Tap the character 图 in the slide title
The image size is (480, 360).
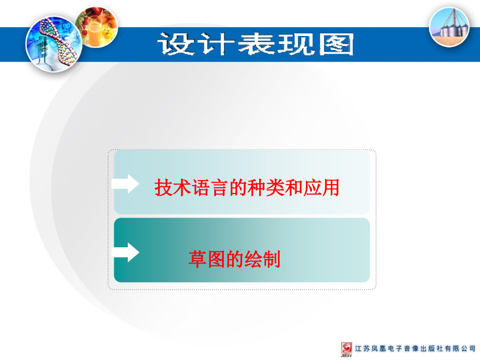337,44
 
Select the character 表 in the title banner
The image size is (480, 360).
256,44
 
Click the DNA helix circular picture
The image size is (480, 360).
54,44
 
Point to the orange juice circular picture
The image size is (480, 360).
97,27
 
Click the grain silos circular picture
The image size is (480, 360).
449,27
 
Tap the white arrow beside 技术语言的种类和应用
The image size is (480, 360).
126,184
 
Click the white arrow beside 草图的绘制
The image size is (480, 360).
126,253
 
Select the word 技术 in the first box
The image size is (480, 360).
173,187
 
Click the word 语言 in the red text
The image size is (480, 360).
210,187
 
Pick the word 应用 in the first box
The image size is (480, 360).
321,187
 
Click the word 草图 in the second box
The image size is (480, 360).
207,259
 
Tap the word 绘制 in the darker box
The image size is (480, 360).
262,259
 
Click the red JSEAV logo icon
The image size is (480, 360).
346,349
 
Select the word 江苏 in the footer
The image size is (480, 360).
363,349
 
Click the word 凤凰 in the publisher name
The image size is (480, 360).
379,349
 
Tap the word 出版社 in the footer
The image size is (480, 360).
432,349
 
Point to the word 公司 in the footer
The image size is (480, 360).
469,349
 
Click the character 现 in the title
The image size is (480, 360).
296,44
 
